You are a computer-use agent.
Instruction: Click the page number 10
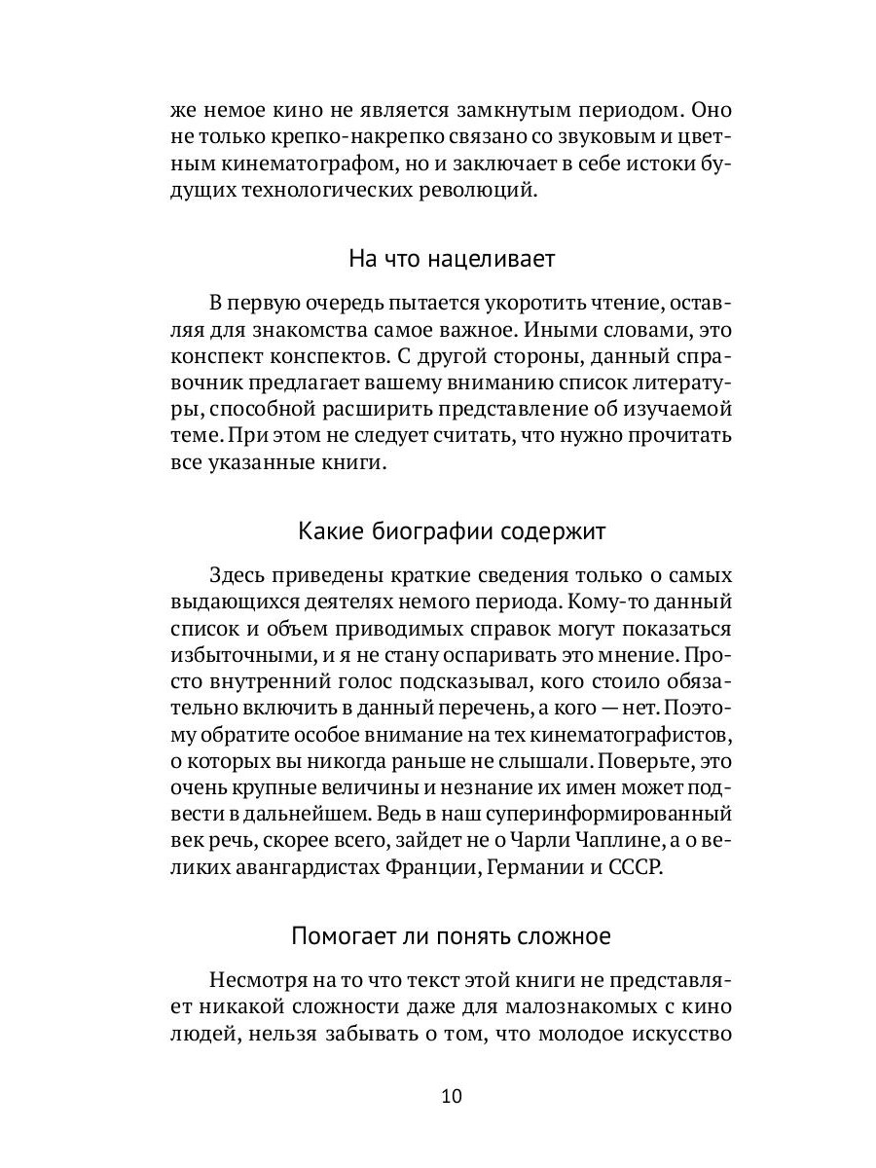click(x=451, y=1097)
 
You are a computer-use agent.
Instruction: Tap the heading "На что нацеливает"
click(x=451, y=260)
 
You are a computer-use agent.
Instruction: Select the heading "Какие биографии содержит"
click(x=451, y=531)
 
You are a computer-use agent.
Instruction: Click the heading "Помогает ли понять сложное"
click(x=451, y=937)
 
